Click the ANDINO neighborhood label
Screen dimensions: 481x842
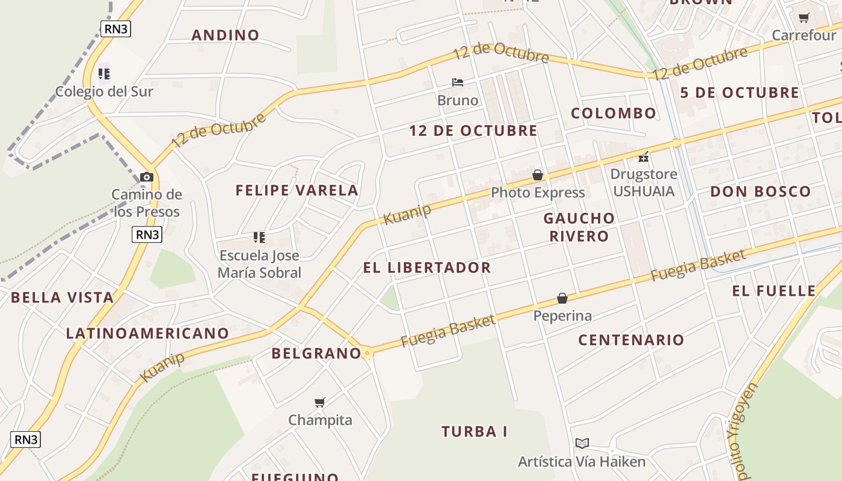226,35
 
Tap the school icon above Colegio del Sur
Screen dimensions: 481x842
104,74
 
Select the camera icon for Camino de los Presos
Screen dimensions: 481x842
146,177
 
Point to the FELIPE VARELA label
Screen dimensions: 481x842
297,191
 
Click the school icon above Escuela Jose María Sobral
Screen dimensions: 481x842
259,237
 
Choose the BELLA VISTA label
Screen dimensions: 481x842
62,297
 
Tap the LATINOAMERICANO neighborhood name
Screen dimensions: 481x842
147,333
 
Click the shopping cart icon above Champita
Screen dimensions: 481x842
320,402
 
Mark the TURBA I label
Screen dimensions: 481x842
475,432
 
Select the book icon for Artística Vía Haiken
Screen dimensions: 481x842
582,444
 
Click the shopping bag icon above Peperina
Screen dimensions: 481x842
562,298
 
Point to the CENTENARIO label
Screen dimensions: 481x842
631,340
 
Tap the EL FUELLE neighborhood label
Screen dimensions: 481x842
774,291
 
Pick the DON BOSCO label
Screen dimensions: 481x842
761,192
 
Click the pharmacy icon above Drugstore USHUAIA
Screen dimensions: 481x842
644,157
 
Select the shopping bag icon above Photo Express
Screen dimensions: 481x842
538,175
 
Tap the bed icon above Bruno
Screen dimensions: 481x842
458,82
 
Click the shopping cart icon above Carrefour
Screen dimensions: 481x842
804,17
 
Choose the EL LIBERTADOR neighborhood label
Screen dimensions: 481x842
427,268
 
